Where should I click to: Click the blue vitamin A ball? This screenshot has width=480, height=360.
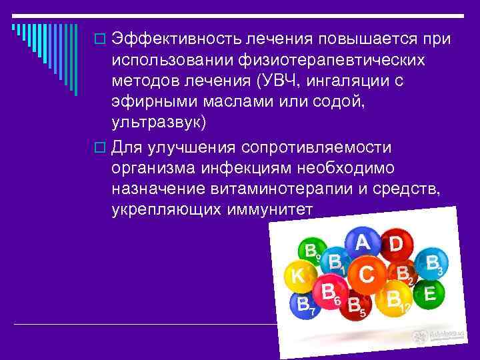(x=362, y=243)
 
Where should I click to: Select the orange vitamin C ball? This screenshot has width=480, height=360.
(x=365, y=273)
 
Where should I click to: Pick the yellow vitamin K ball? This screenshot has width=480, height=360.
(x=299, y=275)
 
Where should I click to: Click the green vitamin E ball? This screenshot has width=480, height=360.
(x=429, y=294)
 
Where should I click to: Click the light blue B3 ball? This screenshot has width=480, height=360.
(x=432, y=263)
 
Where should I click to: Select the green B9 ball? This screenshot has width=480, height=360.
(x=309, y=251)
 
